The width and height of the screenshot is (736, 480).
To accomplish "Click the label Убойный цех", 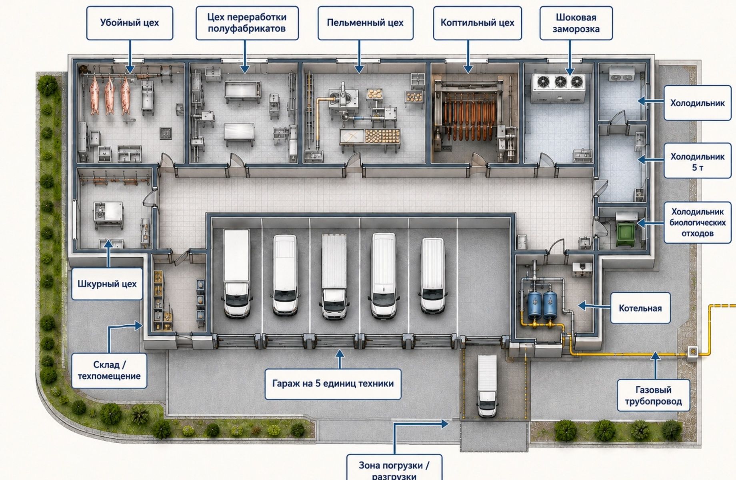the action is point(130,23).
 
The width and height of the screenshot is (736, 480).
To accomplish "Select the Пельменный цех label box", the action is point(365,23).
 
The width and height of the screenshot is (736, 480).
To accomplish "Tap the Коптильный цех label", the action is point(478,23).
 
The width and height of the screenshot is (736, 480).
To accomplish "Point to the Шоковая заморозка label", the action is point(576,23).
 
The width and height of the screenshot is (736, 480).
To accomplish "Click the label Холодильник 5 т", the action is point(697,161).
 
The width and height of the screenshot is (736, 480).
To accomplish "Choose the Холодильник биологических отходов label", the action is point(697,222).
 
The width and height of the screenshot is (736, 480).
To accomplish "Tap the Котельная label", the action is point(640,308).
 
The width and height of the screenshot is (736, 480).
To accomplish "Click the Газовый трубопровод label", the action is point(653,395).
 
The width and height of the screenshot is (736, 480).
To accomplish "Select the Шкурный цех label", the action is point(107,284).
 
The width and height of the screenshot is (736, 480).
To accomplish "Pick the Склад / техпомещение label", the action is point(109,370).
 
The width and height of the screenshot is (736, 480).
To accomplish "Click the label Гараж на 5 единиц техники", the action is point(333,384).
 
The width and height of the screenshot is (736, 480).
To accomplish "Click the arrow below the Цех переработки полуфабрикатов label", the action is point(245,56).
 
